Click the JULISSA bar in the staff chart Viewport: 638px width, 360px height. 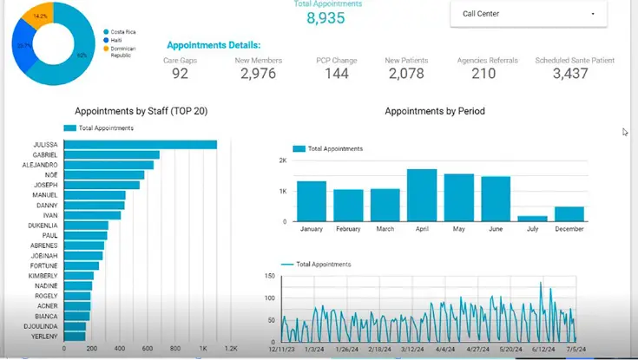139,144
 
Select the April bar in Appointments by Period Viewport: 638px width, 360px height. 422,195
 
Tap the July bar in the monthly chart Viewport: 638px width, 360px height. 532,219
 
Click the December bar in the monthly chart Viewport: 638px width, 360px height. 569,213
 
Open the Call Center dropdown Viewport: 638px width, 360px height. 529,14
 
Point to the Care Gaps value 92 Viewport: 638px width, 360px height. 180,74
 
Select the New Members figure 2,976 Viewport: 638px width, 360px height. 258,74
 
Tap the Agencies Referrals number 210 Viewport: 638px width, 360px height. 483,74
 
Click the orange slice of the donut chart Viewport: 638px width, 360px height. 39,14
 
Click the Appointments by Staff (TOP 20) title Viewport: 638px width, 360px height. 141,111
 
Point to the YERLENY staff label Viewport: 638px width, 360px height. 45,336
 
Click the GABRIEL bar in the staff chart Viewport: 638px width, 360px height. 111,154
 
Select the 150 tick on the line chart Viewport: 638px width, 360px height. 270,276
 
